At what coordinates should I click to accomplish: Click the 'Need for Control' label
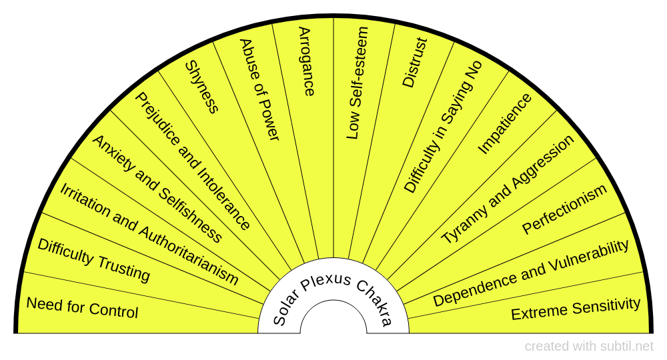click(x=82, y=307)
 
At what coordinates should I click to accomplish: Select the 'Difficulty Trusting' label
click(x=93, y=259)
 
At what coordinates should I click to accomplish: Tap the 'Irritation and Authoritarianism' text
click(x=149, y=233)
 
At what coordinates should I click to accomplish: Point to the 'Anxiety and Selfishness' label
click(x=157, y=188)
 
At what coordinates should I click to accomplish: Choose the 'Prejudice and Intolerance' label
click(x=193, y=161)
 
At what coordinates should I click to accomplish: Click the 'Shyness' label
click(x=201, y=87)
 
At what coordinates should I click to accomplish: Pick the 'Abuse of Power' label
click(x=259, y=89)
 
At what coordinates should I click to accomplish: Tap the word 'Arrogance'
click(x=305, y=61)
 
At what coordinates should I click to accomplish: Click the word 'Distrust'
click(x=414, y=62)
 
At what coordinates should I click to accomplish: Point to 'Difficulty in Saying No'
click(x=442, y=127)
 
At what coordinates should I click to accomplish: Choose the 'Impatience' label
click(x=505, y=123)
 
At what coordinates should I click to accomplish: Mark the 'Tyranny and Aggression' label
click(x=507, y=189)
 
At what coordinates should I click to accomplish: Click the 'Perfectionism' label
click(x=564, y=209)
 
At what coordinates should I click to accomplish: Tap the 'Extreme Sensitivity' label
click(x=576, y=309)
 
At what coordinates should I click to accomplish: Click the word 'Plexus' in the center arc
click(x=326, y=281)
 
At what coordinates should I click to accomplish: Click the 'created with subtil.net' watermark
click(x=589, y=346)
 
